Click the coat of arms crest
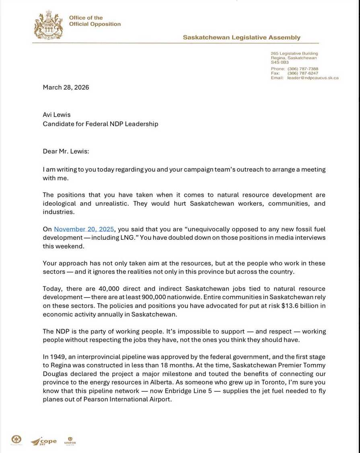(x=49, y=25)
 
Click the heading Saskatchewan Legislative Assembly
(x=241, y=37)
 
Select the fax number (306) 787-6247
(x=302, y=73)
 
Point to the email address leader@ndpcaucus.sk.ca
(x=313, y=78)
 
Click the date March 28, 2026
(x=66, y=87)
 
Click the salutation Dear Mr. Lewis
(x=66, y=151)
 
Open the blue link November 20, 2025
(x=84, y=229)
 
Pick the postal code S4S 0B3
(x=280, y=62)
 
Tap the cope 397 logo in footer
(x=44, y=441)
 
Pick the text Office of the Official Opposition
(x=95, y=21)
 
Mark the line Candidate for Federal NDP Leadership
(x=101, y=124)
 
